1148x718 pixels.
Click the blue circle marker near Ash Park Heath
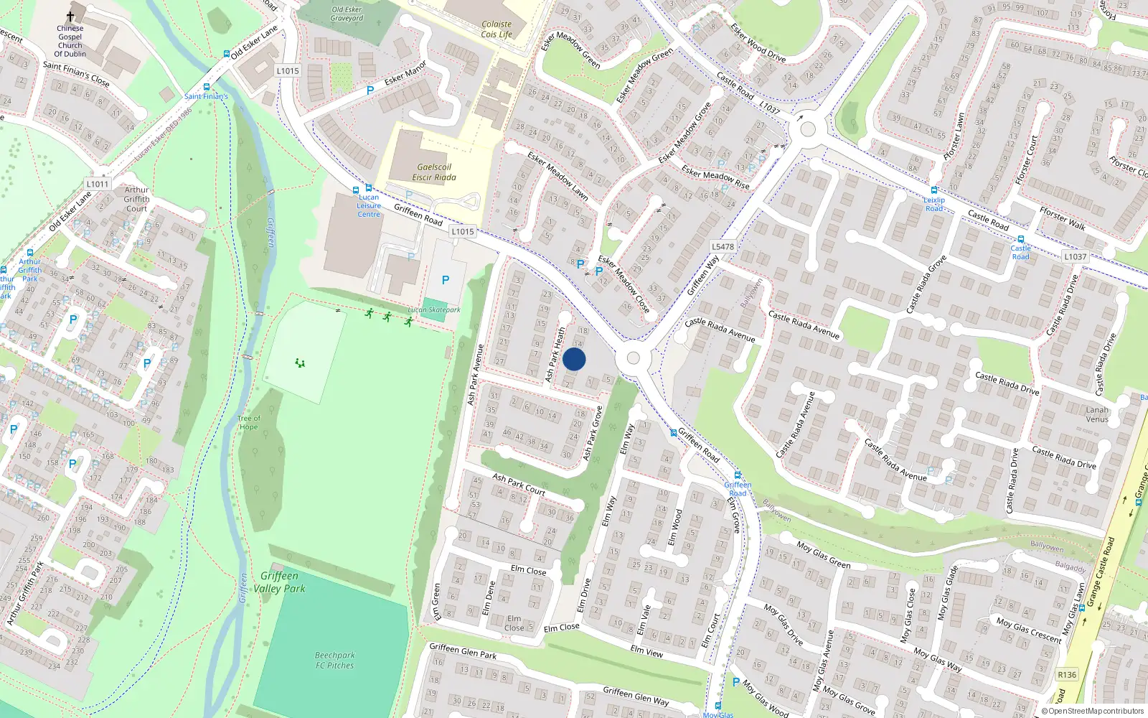(574, 360)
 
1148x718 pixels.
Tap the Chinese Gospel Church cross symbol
(70, 17)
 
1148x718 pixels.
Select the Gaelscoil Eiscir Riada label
(433, 172)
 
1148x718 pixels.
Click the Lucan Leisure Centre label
(369, 205)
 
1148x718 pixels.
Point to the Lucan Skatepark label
(434, 310)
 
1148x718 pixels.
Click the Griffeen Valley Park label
(279, 582)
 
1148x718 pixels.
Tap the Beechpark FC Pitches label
(335, 660)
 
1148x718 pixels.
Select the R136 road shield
(1067, 674)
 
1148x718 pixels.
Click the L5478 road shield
(723, 246)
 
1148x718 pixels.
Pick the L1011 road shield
(98, 184)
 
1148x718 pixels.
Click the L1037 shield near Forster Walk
(1075, 256)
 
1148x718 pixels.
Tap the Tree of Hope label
(248, 422)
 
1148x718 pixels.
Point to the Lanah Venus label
(1097, 414)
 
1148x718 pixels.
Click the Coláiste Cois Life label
(497, 29)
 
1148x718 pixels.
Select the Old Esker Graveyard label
(347, 14)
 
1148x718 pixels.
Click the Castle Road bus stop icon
(1020, 240)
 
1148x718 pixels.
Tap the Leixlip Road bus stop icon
(933, 191)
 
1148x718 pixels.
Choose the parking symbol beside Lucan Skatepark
(446, 280)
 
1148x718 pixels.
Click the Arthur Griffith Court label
(136, 200)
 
